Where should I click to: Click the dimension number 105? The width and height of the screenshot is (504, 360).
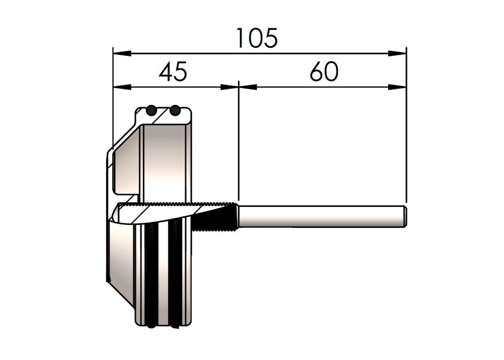257,38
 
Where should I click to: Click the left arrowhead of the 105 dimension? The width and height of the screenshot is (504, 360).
122,53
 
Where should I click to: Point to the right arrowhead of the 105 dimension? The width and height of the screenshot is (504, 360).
397,53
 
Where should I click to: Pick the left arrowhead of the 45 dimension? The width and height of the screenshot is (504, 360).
122,87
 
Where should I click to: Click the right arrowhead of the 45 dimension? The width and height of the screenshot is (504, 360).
229,87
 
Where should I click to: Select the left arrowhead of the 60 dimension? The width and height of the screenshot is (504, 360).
248,87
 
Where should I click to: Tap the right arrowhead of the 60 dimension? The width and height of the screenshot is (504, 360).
397,87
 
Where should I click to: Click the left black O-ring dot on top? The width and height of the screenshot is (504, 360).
151,110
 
